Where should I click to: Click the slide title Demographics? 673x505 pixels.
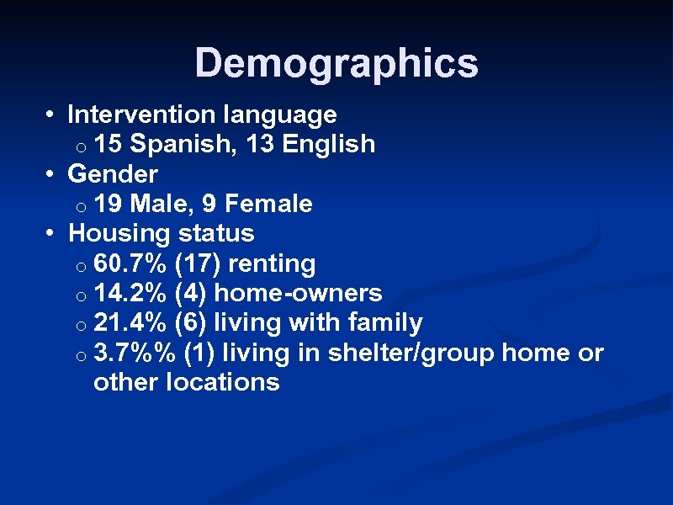[x=336, y=63]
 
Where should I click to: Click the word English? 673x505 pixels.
[x=329, y=144]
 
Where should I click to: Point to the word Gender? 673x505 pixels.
[x=113, y=174]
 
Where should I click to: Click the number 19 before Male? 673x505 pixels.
[x=108, y=204]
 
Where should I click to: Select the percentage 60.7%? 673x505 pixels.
[x=131, y=263]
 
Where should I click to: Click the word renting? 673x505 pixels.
[x=272, y=263]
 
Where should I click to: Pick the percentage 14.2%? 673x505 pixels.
[x=131, y=293]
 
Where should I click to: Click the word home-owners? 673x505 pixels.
[x=299, y=293]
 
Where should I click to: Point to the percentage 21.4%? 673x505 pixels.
[x=131, y=322]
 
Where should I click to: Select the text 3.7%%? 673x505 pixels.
[x=135, y=353]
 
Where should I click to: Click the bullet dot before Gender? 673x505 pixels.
[x=50, y=175]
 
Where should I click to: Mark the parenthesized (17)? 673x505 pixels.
[x=199, y=263]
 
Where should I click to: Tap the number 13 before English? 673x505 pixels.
[x=261, y=144]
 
